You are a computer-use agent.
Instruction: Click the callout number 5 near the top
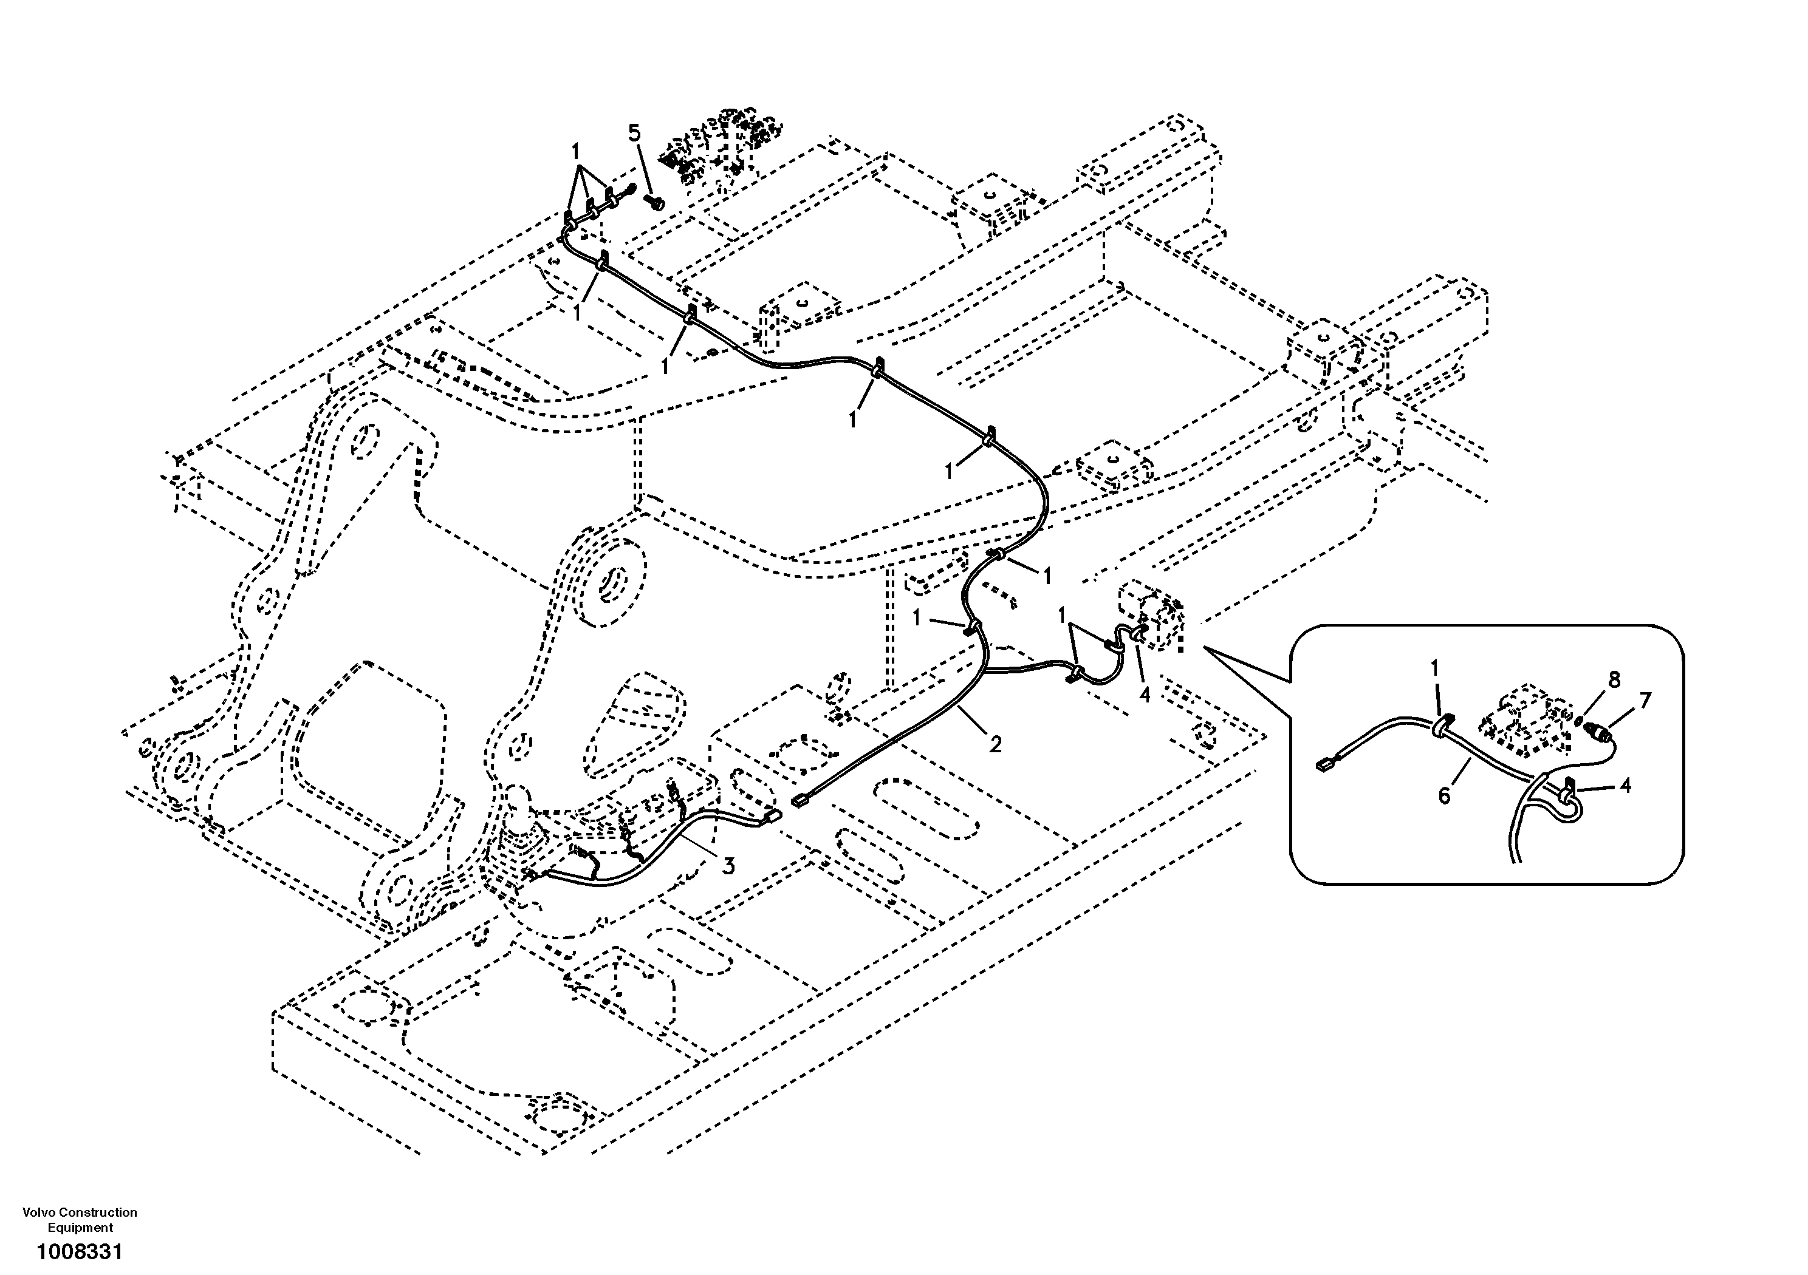635,133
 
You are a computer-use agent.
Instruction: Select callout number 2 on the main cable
995,744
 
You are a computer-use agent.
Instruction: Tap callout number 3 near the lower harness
728,866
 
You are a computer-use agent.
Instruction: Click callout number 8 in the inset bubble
1614,681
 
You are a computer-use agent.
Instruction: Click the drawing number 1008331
79,1251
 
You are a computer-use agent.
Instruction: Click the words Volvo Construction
80,1212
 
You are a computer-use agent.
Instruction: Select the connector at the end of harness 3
770,818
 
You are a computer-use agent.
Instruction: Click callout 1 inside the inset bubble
1435,668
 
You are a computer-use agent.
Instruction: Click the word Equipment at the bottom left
80,1228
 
